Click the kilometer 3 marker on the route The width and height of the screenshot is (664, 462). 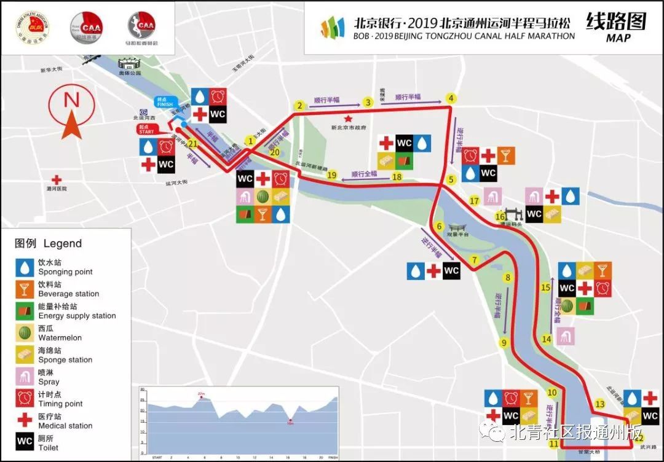pos(368,103)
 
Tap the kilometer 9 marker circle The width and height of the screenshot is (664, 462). pos(504,343)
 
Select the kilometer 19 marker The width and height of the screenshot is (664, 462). pos(332,174)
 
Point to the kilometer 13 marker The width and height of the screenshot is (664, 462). pos(599,404)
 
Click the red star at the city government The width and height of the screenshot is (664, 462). pos(348,118)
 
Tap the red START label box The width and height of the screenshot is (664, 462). pos(146,130)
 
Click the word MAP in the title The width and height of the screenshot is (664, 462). pos(618,38)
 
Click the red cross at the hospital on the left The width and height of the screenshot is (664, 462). pos(57,180)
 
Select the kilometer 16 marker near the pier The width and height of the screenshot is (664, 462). pos(500,216)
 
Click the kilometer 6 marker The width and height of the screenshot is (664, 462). pos(439,226)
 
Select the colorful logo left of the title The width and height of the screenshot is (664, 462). pos(333,28)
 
